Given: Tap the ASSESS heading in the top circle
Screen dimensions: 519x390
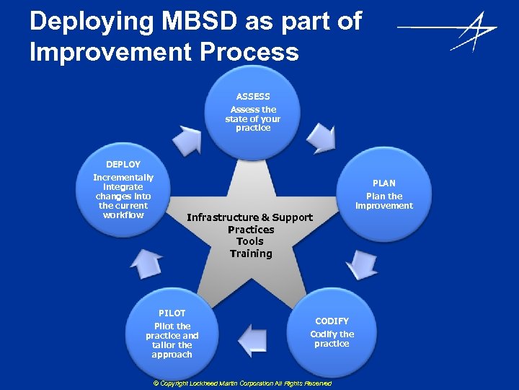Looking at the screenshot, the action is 253,96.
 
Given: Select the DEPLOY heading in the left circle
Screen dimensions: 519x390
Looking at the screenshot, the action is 123,165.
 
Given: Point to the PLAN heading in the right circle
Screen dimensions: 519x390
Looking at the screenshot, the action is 383,183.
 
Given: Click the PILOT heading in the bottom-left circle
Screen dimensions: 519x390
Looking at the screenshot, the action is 172,313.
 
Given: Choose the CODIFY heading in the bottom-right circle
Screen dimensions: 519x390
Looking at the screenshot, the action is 332,321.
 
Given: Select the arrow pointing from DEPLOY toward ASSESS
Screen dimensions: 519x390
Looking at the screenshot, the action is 190,139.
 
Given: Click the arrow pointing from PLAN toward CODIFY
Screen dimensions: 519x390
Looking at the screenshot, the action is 361,264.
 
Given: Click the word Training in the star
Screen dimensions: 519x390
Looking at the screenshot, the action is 251,253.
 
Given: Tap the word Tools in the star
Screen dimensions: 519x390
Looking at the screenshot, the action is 250,241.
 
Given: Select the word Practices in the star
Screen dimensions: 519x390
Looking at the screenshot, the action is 251,230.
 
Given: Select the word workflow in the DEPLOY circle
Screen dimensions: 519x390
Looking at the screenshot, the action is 123,215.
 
